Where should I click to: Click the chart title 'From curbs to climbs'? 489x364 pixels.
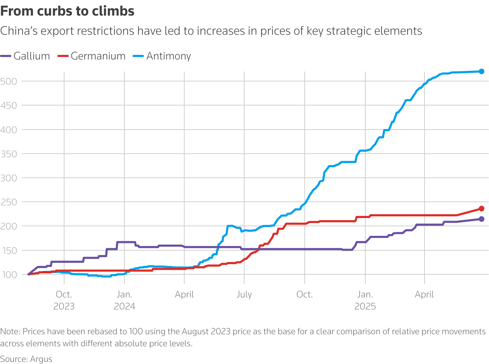pyautogui.click(x=67, y=11)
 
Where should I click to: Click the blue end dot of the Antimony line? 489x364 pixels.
pyautogui.click(x=482, y=72)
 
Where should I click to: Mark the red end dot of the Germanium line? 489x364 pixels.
pyautogui.click(x=482, y=209)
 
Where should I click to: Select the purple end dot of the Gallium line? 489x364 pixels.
pyautogui.click(x=482, y=219)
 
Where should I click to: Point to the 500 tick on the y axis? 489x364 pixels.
pyautogui.click(x=9, y=81)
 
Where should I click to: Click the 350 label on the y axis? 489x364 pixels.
pyautogui.click(x=9, y=154)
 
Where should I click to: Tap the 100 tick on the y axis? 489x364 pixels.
pyautogui.click(x=9, y=275)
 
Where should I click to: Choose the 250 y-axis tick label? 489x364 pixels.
pyautogui.click(x=9, y=202)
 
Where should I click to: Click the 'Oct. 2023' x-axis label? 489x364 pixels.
pyautogui.click(x=64, y=300)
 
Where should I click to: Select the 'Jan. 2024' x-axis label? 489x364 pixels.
pyautogui.click(x=124, y=300)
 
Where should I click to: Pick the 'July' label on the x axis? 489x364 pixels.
pyautogui.click(x=244, y=295)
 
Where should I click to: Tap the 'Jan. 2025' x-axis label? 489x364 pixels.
pyautogui.click(x=365, y=300)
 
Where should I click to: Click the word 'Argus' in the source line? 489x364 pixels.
pyautogui.click(x=41, y=359)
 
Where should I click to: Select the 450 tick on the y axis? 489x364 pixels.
pyautogui.click(x=9, y=106)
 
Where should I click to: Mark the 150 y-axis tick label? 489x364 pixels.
pyautogui.click(x=9, y=251)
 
